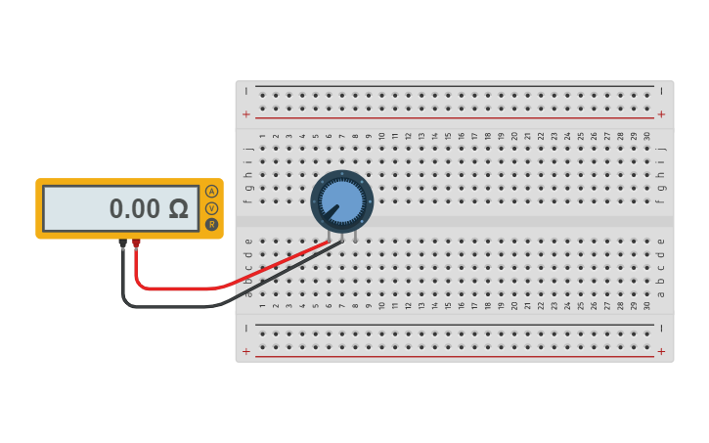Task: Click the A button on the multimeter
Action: pyautogui.click(x=211, y=192)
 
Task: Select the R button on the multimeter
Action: pyautogui.click(x=211, y=224)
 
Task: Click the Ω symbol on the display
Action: pyautogui.click(x=177, y=209)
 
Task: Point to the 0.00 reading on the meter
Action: pyautogui.click(x=134, y=209)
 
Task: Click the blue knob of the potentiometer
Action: pyautogui.click(x=341, y=200)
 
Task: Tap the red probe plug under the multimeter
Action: pyautogui.click(x=136, y=244)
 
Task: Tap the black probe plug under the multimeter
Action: pyautogui.click(x=122, y=244)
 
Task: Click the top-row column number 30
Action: pyautogui.click(x=646, y=137)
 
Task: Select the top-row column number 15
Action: pyautogui.click(x=448, y=137)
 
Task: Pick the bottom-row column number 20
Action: pyautogui.click(x=514, y=305)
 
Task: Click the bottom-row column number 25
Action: pyautogui.click(x=580, y=305)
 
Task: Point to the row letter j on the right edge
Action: pyautogui.click(x=661, y=149)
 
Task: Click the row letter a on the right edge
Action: pyautogui.click(x=661, y=293)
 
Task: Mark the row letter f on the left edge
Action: pyautogui.click(x=248, y=201)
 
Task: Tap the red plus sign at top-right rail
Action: pyautogui.click(x=661, y=114)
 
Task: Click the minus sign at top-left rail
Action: pyautogui.click(x=246, y=91)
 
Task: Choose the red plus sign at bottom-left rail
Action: pyautogui.click(x=246, y=351)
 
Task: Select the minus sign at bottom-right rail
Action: pyautogui.click(x=661, y=328)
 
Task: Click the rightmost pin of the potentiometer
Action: pyautogui.click(x=355, y=236)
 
